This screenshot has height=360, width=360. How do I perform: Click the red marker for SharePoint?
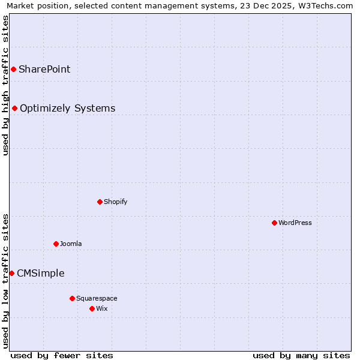coord(13,70)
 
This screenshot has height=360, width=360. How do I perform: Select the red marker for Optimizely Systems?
coord(15,109)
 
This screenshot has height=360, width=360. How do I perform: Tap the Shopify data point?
coord(100,202)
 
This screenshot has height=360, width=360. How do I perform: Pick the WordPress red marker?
coord(275,223)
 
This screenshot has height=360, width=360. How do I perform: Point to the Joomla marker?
coord(56,244)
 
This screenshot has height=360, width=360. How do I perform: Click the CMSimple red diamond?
coord(11,274)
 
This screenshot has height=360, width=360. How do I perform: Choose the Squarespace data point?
coord(73,298)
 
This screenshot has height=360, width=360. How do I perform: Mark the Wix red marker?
coord(92,308)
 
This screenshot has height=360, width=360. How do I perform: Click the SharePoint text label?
coord(44,70)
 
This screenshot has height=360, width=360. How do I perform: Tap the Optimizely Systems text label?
coord(68,109)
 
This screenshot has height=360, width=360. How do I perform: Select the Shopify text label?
coord(116,202)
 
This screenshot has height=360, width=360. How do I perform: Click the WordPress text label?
coord(295,223)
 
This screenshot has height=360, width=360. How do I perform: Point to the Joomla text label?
coord(71,244)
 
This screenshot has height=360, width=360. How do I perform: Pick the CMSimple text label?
coord(41,274)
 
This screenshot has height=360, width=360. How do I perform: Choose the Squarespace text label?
coord(97,298)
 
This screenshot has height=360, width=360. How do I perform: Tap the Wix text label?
coord(101,308)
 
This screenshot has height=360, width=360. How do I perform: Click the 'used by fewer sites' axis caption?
coord(62,355)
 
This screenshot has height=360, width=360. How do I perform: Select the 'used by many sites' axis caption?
coord(301,355)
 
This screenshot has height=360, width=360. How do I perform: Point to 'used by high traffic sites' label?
coord(6,85)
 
